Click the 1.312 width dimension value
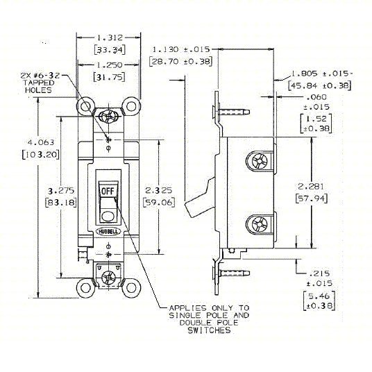click(x=109, y=39)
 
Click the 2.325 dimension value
click(x=161, y=192)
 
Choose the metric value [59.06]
click(x=161, y=203)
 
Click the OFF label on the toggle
click(x=108, y=190)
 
